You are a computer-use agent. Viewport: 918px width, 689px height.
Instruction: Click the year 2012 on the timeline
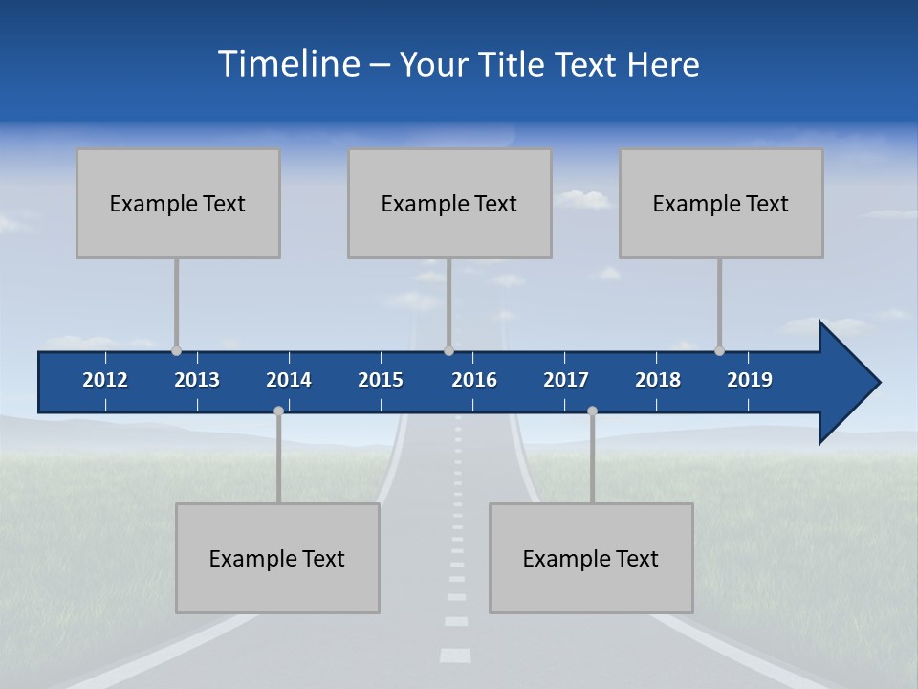click(x=105, y=380)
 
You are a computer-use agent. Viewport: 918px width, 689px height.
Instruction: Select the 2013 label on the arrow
click(x=197, y=380)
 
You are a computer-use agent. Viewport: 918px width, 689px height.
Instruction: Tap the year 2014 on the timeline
click(x=289, y=380)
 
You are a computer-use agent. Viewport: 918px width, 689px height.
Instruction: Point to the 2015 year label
click(x=381, y=380)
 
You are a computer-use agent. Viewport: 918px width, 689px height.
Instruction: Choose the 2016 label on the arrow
click(x=474, y=380)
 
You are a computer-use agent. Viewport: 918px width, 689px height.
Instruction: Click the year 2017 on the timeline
click(x=566, y=380)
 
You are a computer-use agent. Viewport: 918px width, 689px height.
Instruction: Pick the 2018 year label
click(x=658, y=380)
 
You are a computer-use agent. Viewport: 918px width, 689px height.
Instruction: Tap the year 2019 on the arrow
click(x=750, y=380)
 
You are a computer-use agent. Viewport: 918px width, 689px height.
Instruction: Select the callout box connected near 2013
click(x=178, y=203)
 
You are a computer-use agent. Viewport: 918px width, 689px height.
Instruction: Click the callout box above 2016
click(x=449, y=203)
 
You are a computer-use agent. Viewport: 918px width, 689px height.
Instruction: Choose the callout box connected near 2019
click(x=721, y=203)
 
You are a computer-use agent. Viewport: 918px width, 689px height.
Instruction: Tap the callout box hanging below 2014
click(x=277, y=558)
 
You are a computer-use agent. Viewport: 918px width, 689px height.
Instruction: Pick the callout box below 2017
click(x=591, y=558)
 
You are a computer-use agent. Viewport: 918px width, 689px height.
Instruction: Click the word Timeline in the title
click(x=288, y=64)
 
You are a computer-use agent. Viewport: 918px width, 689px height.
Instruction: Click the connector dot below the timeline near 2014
click(x=278, y=411)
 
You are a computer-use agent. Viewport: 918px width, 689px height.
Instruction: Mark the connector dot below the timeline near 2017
click(x=592, y=411)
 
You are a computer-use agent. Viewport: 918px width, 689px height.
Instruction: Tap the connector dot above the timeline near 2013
click(x=176, y=350)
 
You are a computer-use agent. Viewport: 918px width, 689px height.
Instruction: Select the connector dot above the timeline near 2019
click(x=719, y=350)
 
